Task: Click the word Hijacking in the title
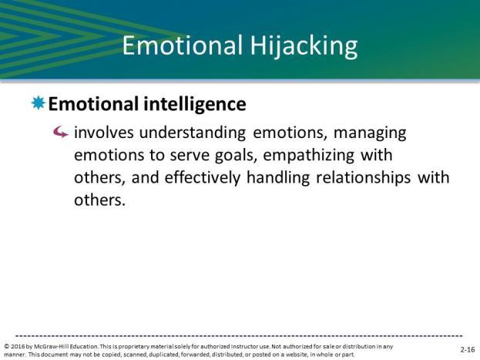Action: [x=304, y=46]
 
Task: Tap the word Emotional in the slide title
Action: [x=183, y=45]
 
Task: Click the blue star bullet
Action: [x=39, y=103]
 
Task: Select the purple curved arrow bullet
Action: [x=61, y=133]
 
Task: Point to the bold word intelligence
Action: [x=195, y=104]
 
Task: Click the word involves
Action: [x=104, y=133]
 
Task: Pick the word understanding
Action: [x=193, y=133]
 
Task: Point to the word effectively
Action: [x=203, y=178]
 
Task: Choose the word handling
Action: [x=278, y=178]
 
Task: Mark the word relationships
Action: [x=363, y=178]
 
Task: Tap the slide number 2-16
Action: [x=468, y=349]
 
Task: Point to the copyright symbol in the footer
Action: [x=7, y=347]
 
